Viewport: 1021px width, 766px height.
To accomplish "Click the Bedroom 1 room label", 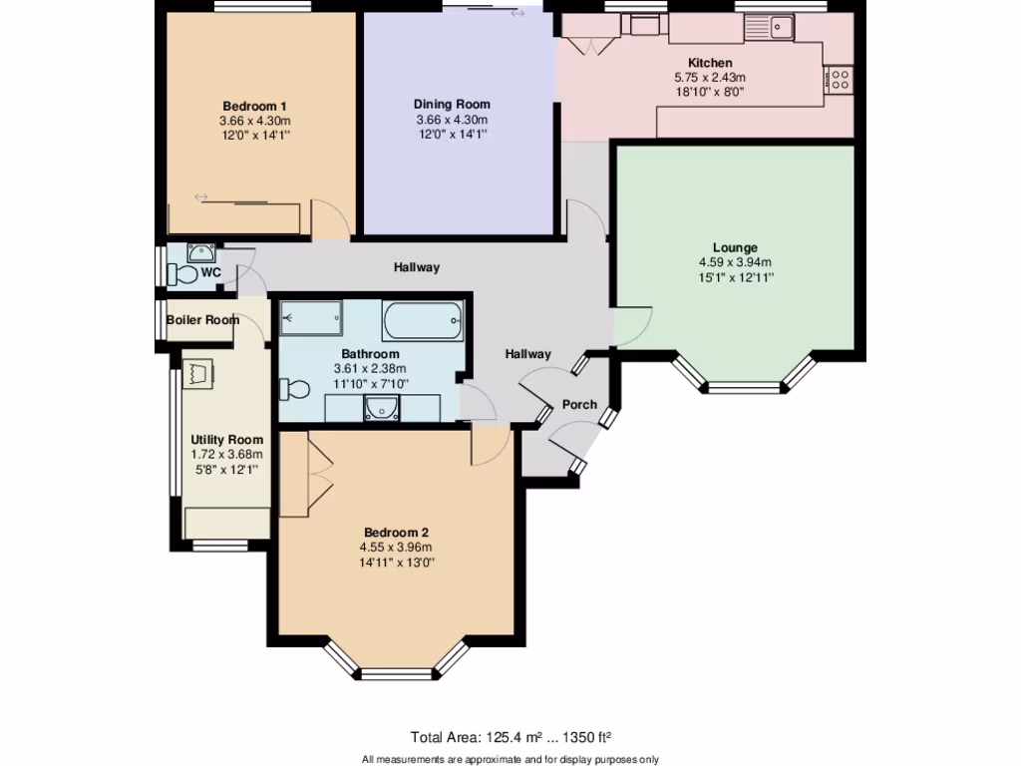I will pos(254,106).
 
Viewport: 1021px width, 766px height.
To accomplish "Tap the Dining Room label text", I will pos(452,104).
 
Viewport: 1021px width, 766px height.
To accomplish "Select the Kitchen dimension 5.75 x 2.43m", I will pos(710,77).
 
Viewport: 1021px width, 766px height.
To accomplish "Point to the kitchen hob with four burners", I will pos(839,79).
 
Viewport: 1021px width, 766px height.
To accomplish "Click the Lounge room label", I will pos(735,247).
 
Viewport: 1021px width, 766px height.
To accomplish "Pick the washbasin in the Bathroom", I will pos(380,407).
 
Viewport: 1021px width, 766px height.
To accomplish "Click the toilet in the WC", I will pos(183,273).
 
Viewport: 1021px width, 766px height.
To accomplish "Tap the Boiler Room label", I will pos(202,320).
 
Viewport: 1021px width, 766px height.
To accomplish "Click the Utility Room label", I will pos(227,439).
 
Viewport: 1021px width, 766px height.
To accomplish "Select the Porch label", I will pos(579,404).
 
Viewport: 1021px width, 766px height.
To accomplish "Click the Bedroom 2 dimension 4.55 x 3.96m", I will pos(396,547).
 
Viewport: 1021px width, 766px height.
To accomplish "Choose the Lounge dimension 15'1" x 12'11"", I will pos(735,276).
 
